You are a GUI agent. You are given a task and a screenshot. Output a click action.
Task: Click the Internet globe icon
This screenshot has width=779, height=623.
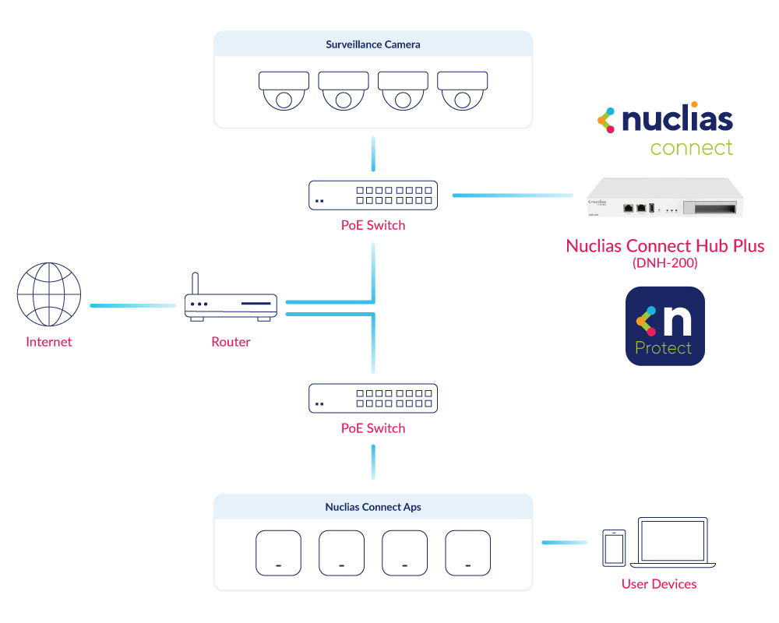click(x=48, y=294)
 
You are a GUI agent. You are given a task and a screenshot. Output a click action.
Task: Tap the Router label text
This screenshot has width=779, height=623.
click(x=231, y=342)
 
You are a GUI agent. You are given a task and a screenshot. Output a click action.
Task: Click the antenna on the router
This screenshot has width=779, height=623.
click(x=196, y=283)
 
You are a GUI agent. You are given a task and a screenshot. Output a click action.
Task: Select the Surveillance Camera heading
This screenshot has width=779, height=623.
click(x=373, y=44)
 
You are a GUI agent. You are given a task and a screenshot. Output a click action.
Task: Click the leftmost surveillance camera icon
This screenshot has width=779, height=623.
click(x=284, y=91)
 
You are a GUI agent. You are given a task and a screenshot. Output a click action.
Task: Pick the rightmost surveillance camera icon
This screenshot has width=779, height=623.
click(x=463, y=91)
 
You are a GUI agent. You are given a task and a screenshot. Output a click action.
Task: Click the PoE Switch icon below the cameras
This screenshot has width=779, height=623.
click(x=373, y=195)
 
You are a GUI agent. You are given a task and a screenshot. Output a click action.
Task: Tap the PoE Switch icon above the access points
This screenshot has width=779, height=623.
click(x=373, y=399)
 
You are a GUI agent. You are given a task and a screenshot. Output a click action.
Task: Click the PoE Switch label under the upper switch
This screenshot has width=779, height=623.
click(x=373, y=226)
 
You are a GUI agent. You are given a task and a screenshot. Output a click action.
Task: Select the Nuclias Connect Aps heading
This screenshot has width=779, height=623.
click(x=373, y=507)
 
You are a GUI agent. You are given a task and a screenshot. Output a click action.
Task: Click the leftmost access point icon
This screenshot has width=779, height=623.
click(x=278, y=553)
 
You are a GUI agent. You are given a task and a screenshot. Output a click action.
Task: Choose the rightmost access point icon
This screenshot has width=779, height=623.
click(x=468, y=553)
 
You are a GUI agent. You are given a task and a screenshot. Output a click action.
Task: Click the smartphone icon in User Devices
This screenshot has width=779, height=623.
click(x=614, y=548)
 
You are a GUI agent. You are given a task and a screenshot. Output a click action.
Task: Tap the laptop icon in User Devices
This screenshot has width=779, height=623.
click(x=673, y=543)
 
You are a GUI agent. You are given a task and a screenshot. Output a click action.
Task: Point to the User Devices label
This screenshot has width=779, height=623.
click(x=659, y=584)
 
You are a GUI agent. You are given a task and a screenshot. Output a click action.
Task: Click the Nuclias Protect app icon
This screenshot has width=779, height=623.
click(x=665, y=326)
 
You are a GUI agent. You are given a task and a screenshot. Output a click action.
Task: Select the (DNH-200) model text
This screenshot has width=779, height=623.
click(x=664, y=262)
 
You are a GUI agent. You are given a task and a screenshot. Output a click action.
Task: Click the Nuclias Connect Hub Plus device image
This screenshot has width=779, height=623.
click(x=664, y=197)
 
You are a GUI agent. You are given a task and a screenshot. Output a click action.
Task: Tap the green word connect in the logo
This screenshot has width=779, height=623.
click(x=692, y=147)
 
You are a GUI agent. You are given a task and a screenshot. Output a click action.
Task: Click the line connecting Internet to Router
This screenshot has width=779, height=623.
click(x=132, y=305)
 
